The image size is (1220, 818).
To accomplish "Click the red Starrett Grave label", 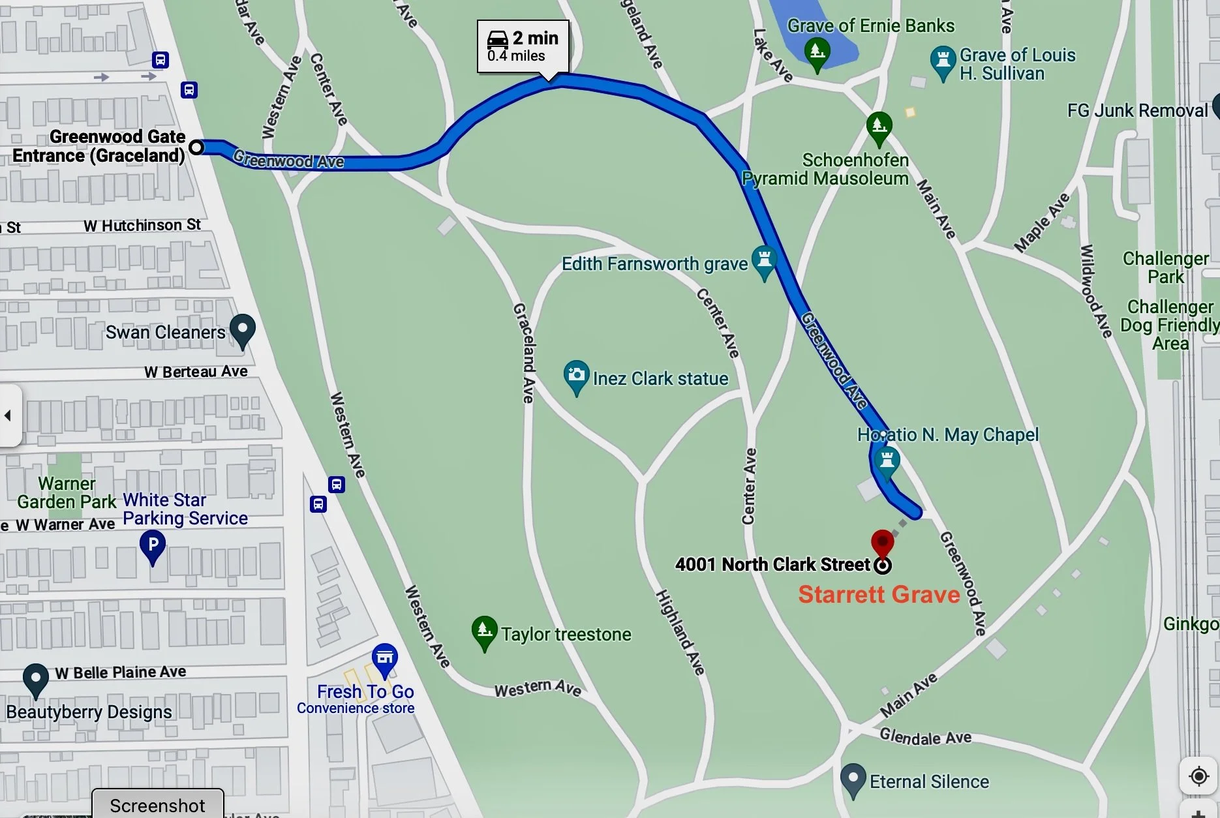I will click(x=879, y=594).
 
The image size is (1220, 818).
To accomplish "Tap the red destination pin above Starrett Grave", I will click(x=882, y=542).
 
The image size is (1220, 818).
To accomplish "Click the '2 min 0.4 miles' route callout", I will click(x=523, y=46).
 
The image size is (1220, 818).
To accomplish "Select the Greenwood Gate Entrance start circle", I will click(x=196, y=147).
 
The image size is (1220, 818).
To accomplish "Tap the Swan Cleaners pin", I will click(x=243, y=329).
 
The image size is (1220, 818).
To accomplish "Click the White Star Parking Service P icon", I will click(x=153, y=545).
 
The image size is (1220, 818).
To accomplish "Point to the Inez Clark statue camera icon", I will click(x=576, y=376).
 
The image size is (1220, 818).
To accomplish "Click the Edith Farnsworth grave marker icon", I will click(x=764, y=260).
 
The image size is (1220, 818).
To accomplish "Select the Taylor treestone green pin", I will click(x=484, y=631).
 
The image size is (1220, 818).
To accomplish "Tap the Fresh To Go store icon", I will click(x=384, y=659).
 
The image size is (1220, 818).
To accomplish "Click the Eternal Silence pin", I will click(x=853, y=778).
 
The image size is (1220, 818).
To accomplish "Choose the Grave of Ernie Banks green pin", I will click(x=817, y=52).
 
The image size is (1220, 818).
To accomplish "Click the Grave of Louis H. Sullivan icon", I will click(x=943, y=61).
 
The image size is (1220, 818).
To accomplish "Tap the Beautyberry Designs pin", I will click(x=35, y=678).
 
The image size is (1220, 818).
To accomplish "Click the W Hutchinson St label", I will click(x=142, y=226).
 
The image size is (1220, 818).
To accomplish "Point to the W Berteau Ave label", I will click(x=196, y=372).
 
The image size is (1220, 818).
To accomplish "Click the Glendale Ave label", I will click(x=925, y=737).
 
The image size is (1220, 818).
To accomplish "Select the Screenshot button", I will click(x=157, y=806).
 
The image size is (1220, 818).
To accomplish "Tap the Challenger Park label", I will click(x=1165, y=267).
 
